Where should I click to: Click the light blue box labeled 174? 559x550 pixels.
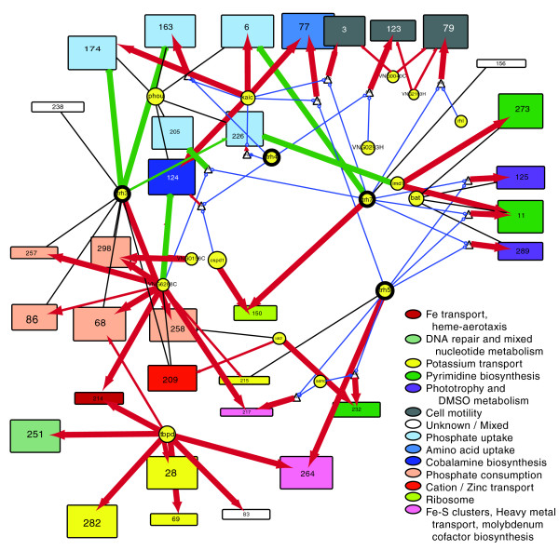click(92, 47)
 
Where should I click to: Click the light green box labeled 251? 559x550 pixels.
click(36, 435)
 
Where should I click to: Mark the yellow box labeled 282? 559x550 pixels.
click(92, 523)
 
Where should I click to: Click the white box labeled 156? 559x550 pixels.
click(500, 63)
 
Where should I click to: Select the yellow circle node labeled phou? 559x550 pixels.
click(156, 95)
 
